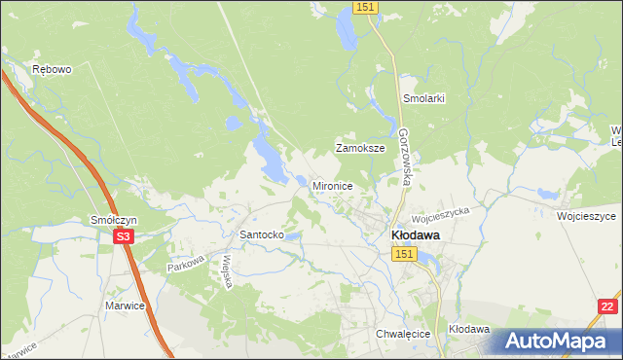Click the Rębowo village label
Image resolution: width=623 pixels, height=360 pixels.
pos(52,70)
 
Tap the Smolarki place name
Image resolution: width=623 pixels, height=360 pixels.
pos(423,99)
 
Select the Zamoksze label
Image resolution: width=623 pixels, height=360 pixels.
pos(360,149)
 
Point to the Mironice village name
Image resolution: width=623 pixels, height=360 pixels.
pos(332,185)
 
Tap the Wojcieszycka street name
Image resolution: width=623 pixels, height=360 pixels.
pos(440,209)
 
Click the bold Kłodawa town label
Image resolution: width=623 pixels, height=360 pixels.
pos(415,234)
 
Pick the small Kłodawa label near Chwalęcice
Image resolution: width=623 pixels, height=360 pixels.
pos(468,330)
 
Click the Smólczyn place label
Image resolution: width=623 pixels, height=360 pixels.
pos(114,221)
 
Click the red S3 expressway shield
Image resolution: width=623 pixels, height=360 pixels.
pos(122,236)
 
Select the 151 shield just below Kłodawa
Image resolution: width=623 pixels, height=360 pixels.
pos(406,253)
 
